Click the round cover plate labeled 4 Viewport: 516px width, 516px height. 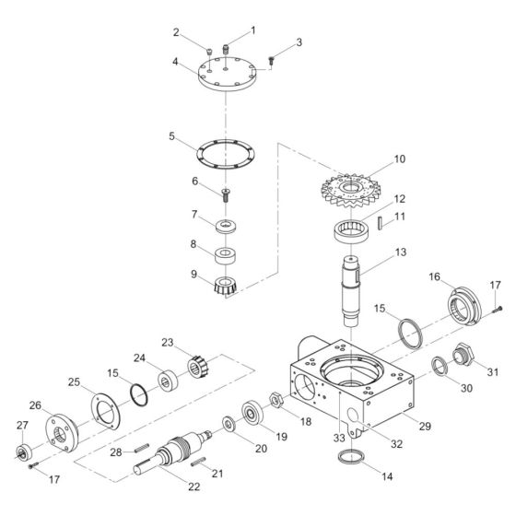click(x=225, y=81)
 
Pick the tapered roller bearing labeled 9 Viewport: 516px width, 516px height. click(x=226, y=286)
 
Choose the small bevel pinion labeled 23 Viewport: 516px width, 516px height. click(x=201, y=368)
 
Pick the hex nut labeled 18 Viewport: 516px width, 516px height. click(x=274, y=398)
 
